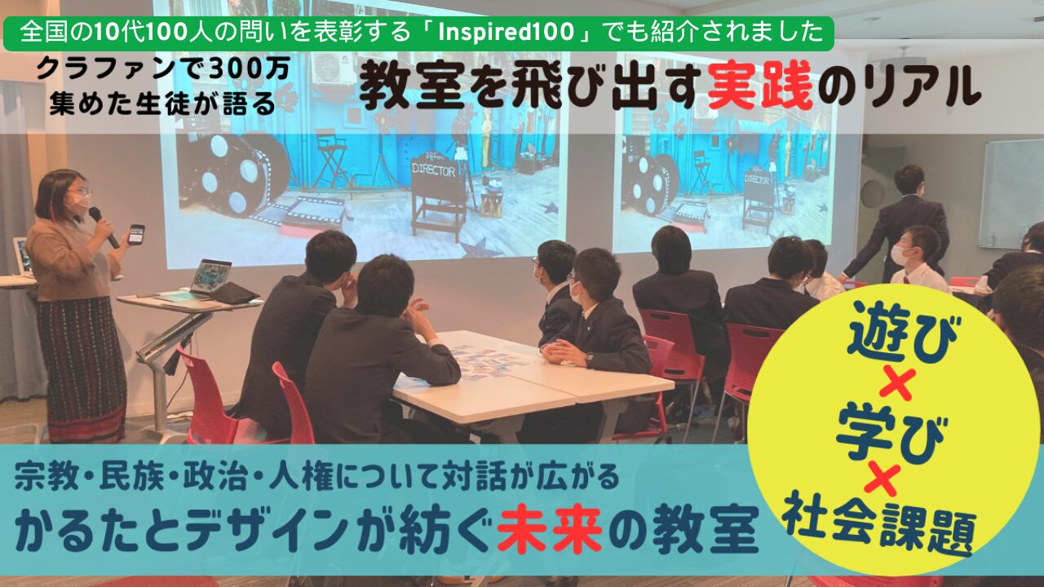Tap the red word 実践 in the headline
pyautogui.click(x=760, y=89)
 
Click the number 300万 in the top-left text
pyautogui.click(x=250, y=70)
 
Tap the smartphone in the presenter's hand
pyautogui.click(x=136, y=234)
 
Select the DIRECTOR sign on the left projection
pyautogui.click(x=433, y=170)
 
